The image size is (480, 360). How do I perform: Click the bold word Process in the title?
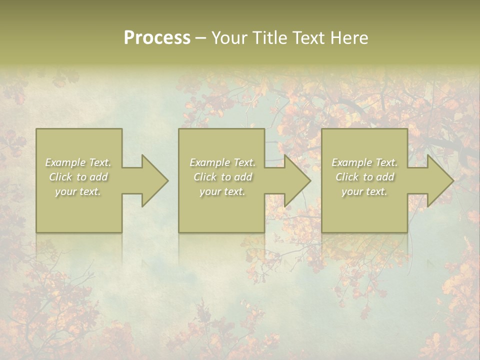157,38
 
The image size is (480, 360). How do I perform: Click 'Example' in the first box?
65,162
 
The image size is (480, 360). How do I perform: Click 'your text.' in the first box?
78,191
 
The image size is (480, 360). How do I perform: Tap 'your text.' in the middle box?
222,191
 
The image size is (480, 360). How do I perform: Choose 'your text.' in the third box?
364,191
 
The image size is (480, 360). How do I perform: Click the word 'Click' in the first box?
60,177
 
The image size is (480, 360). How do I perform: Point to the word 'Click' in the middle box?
205,177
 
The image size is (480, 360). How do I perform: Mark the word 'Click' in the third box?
347,177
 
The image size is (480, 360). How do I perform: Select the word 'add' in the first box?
98,177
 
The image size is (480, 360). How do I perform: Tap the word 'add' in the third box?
385,177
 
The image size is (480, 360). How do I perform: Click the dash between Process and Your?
200,38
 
